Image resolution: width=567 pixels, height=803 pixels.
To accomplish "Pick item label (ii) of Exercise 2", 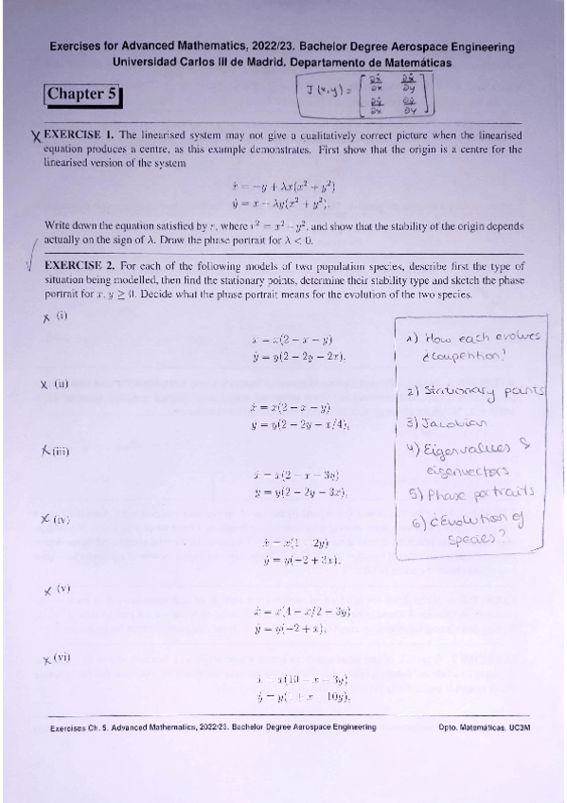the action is (62, 384).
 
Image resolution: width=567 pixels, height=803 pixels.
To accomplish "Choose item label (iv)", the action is (62, 519).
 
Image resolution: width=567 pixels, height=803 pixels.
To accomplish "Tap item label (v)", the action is (63, 588).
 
